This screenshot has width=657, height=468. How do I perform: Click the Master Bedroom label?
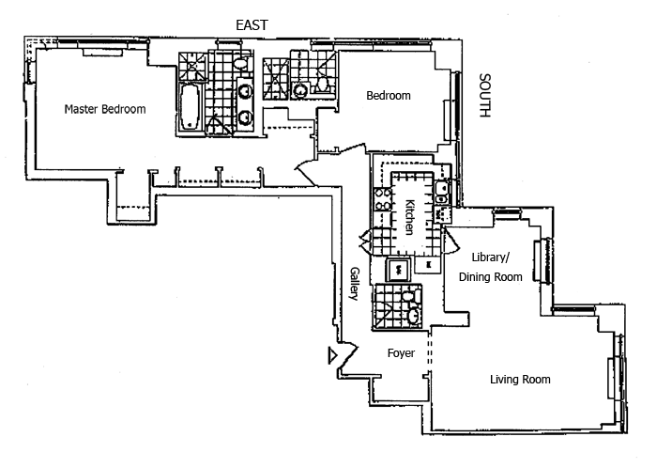[x=104, y=109]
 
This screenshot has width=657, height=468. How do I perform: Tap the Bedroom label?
[x=388, y=96]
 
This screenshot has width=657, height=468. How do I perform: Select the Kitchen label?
[x=410, y=216]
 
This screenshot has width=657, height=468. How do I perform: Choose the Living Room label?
[x=520, y=380]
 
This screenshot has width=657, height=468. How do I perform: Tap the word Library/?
[x=489, y=257]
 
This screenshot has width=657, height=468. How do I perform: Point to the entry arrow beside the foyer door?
[x=331, y=355]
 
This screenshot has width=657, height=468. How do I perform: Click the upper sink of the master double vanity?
[x=244, y=92]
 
